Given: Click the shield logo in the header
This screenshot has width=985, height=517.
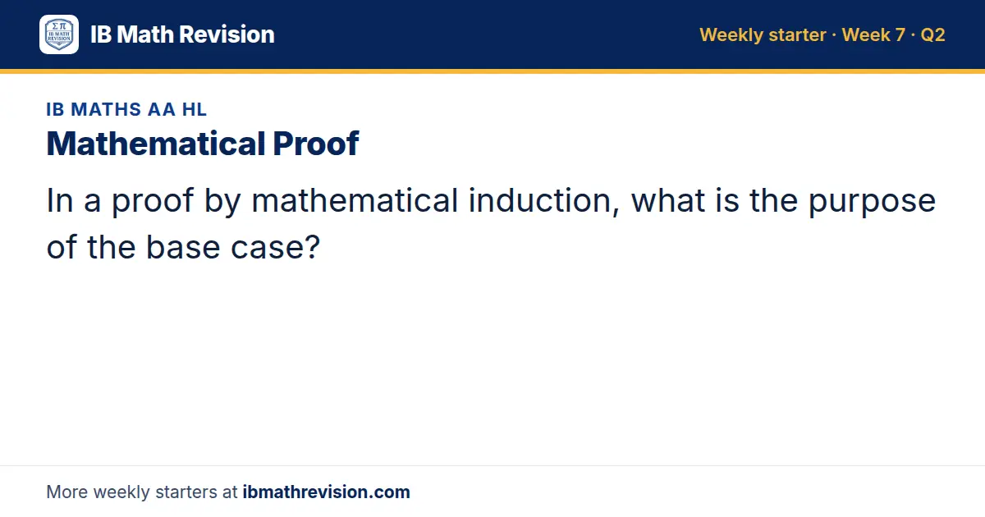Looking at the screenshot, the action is tap(59, 34).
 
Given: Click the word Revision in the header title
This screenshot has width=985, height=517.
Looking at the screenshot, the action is tap(227, 34).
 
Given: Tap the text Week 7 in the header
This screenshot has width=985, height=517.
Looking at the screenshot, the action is tap(873, 34).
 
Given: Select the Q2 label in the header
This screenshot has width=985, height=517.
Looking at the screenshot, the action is tap(932, 34).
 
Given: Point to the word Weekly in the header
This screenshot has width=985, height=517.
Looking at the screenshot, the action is tap(731, 35).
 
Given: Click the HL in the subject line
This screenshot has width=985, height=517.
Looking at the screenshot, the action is tap(195, 109).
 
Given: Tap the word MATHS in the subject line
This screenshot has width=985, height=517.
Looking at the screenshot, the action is tap(106, 109).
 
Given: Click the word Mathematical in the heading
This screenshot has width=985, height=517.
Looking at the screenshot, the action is tap(156, 144).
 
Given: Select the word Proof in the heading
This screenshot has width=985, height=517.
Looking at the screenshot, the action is tap(316, 144).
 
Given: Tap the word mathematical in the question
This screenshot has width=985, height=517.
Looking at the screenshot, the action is tap(355, 200).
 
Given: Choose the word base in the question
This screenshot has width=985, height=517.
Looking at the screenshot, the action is tap(183, 247).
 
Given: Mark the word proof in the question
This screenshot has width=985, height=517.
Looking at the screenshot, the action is tap(153, 202).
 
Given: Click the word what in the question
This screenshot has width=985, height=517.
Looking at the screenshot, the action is tap(668, 200).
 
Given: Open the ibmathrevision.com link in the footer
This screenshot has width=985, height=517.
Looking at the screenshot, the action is tap(327, 492).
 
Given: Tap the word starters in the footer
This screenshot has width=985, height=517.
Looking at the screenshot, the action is tap(186, 492).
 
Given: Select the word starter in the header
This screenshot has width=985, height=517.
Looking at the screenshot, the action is tap(798, 35).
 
